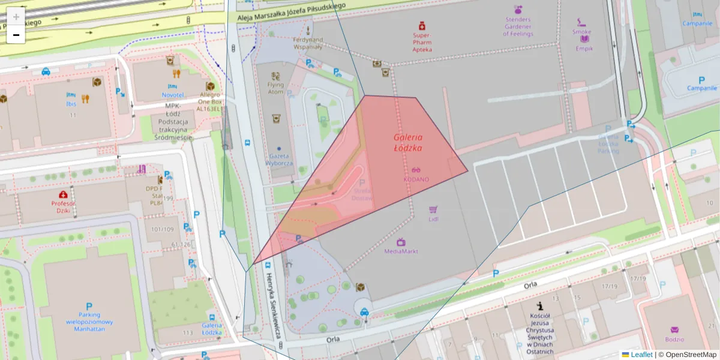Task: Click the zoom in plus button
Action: (16, 17)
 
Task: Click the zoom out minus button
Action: (16, 35)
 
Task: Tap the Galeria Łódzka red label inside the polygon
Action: (408, 142)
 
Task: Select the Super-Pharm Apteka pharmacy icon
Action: (422, 26)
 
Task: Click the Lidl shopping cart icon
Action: (433, 209)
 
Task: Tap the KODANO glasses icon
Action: (416, 170)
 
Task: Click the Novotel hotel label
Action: (173, 95)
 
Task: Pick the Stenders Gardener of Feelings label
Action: (518, 26)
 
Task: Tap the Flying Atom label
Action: (275, 88)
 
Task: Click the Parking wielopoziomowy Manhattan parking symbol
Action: (89, 306)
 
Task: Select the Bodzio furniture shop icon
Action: (674, 329)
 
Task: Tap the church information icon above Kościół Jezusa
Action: (540, 305)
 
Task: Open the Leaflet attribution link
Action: (641, 355)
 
